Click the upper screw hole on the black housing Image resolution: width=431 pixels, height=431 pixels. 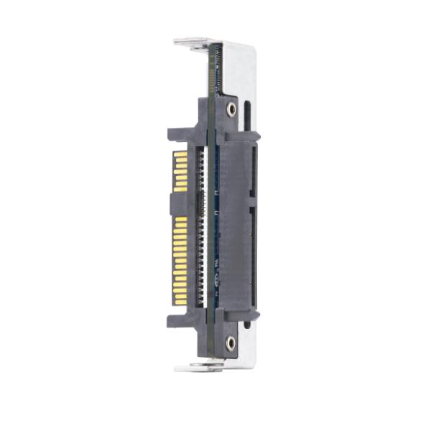coord(231,108)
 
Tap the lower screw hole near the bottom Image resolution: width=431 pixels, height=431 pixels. coord(230,343)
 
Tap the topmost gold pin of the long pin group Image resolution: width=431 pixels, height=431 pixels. coord(180,218)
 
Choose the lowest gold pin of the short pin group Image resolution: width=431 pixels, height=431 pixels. coord(180,189)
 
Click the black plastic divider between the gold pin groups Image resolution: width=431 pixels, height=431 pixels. coord(180,203)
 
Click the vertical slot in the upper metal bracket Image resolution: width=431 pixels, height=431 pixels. coord(247,115)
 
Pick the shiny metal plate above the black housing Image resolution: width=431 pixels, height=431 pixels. coord(241,68)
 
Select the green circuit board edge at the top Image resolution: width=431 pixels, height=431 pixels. coord(213,68)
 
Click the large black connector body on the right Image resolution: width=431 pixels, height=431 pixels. coord(235,223)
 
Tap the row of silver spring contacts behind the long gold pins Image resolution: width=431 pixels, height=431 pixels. coord(200,259)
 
